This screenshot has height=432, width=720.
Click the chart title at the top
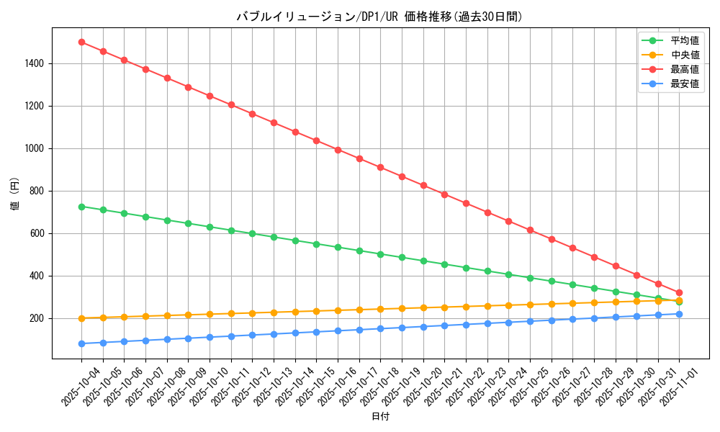coord(379,17)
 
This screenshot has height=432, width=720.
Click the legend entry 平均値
coord(684,40)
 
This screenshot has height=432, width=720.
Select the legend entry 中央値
coord(684,55)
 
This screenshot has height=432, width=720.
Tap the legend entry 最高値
coord(684,69)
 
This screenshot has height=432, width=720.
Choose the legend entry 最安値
coord(684,84)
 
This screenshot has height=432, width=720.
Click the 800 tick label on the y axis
coord(37,191)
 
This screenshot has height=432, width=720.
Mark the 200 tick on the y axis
coord(37,318)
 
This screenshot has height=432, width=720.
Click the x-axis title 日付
coord(379,417)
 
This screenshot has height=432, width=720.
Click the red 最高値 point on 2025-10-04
coord(81,42)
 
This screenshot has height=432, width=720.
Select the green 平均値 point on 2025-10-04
coord(81,207)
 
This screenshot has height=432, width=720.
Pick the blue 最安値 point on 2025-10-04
coord(81,343)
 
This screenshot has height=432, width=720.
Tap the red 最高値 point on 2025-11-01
coord(679,292)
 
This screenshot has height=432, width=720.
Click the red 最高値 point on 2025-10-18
coord(380,167)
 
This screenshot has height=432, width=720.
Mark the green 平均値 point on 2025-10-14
coord(295,240)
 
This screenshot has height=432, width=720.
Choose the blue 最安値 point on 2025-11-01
coord(679,314)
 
